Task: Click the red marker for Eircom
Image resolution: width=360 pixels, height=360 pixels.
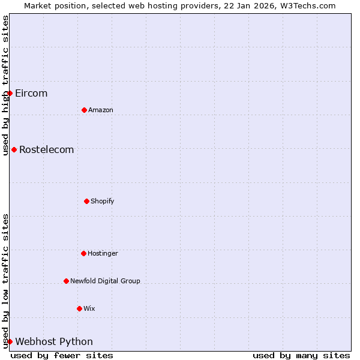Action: [x=10, y=93]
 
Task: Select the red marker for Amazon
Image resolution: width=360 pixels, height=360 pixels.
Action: [x=84, y=110]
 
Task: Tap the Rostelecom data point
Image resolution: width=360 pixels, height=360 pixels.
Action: [x=14, y=149]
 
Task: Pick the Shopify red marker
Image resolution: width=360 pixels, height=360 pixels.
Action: [x=86, y=201]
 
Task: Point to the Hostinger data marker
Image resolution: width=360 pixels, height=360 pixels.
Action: [x=83, y=253]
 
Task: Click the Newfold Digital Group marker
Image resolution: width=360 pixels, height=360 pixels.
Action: [x=66, y=281]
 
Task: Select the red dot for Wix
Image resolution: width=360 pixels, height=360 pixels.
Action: [x=79, y=308]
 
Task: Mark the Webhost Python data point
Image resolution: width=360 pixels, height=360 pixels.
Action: [x=10, y=341]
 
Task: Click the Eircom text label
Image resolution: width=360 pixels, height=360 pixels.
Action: [x=31, y=93]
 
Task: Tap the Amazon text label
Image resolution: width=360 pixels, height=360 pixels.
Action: [x=101, y=110]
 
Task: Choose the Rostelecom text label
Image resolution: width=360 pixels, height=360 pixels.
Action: [x=47, y=149]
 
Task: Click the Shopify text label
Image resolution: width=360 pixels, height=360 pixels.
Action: [x=103, y=201]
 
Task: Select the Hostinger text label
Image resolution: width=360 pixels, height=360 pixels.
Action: [x=103, y=253]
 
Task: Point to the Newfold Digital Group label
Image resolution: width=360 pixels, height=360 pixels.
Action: [x=105, y=281]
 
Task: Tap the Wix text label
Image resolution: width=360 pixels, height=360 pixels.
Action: [x=89, y=308]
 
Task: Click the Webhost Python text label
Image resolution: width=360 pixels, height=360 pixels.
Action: [x=54, y=341]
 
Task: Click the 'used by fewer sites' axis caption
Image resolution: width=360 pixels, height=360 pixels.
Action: [x=62, y=355]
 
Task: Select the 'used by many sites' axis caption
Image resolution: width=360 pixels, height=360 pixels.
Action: [x=301, y=355]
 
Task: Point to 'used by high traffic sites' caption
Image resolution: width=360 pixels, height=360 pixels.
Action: [x=5, y=85]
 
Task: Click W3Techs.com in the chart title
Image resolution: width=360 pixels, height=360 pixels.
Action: [x=306, y=5]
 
